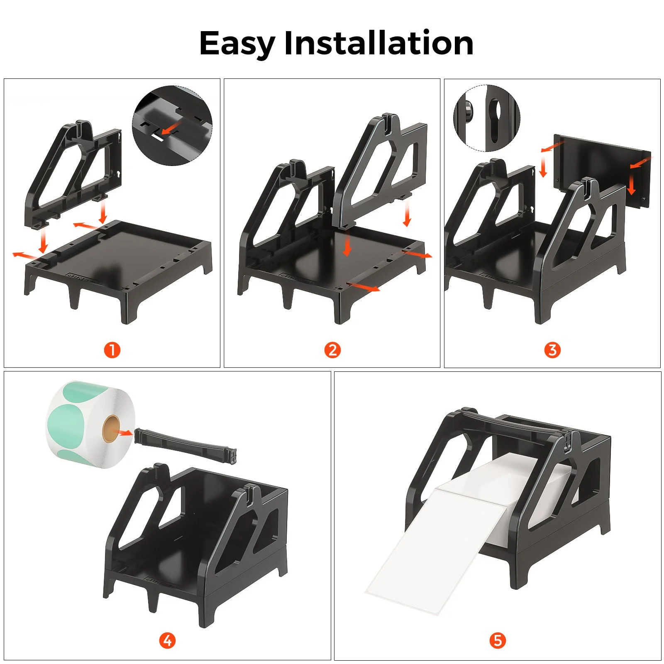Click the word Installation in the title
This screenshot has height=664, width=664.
[378, 43]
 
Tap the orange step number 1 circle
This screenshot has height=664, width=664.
[112, 350]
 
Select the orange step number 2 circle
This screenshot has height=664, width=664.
[332, 350]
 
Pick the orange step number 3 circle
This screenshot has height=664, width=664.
[552, 350]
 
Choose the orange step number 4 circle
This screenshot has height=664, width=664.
[167, 640]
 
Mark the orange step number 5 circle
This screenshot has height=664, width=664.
[498, 640]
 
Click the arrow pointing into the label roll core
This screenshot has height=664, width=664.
[124, 433]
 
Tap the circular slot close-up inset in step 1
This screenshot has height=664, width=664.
[172, 125]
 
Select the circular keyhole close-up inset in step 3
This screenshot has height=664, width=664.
[486, 118]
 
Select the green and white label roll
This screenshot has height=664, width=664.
[89, 424]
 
